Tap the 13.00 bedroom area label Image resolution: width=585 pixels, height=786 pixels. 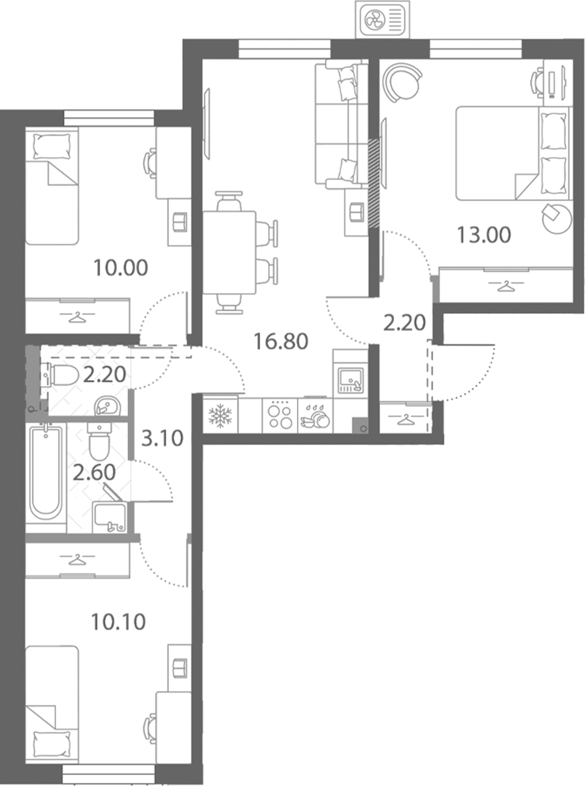484,235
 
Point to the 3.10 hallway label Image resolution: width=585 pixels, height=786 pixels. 162,438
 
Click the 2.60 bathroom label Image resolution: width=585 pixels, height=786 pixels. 94,473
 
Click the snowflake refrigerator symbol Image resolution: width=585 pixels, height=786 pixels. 220,415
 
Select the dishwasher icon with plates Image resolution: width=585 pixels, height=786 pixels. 315,417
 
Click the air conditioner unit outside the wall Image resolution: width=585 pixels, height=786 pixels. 382,19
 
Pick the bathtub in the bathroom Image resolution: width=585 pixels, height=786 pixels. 45,474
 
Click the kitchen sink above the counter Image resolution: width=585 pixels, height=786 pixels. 350,381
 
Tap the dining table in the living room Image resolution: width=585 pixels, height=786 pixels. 229,252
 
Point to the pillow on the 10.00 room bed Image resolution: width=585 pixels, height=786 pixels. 51,146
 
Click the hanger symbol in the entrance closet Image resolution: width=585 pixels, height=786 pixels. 406,419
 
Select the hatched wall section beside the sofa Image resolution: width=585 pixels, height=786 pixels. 374,183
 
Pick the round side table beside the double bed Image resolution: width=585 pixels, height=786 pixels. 557,218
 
